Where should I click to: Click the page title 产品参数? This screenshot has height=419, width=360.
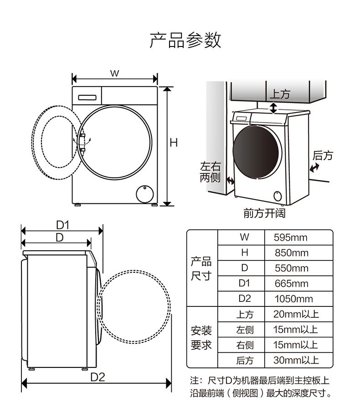[185, 40]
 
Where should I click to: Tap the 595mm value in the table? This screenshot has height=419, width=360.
[290, 238]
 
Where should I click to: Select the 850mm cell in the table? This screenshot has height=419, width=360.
[291, 253]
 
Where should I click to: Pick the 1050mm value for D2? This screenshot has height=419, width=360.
[293, 299]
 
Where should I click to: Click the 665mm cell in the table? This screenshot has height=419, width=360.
[291, 284]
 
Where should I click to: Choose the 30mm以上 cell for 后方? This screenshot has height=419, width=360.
[296, 360]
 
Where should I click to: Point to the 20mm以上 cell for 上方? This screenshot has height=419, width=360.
[296, 314]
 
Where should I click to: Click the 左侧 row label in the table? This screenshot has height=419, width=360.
[245, 330]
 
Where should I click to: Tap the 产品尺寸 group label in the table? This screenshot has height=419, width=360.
[201, 269]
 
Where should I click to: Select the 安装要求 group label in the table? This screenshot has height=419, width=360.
[201, 337]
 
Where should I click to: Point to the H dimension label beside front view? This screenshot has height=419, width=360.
[174, 143]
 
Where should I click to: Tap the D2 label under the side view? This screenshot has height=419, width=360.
[98, 377]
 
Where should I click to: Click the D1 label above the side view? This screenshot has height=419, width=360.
[62, 225]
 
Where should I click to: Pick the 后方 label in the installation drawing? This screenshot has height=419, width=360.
[323, 156]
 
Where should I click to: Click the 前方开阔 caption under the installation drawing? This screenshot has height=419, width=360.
[264, 213]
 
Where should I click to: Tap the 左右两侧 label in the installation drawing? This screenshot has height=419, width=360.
[210, 172]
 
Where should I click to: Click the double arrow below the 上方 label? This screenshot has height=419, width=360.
[273, 108]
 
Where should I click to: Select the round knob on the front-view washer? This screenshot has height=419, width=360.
[144, 193]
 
